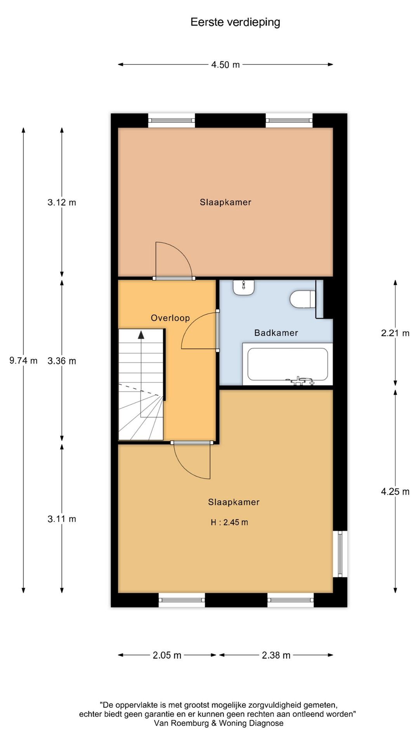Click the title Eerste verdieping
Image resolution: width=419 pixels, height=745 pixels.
click(235, 23)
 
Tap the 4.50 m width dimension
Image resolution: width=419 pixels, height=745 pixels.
click(225, 65)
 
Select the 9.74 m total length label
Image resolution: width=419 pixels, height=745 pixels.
click(23, 360)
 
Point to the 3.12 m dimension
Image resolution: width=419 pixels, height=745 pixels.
click(62, 202)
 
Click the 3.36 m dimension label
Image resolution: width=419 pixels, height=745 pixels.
click(62, 361)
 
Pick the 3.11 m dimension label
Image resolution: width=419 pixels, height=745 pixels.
click(62, 519)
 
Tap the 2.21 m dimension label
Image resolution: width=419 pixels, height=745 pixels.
click(395, 333)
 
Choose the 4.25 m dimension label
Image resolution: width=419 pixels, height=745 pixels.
click(395, 492)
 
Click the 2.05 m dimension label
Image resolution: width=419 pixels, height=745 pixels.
click(167, 655)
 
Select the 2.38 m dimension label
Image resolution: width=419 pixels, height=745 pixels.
click(276, 655)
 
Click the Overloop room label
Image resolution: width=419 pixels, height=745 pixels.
click(170, 318)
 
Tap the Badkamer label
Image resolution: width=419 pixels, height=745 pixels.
click(276, 333)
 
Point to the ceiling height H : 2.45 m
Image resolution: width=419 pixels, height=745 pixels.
click(229, 522)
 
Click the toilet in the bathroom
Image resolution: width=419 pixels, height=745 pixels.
click(303, 299)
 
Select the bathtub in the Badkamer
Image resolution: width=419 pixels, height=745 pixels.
click(287, 364)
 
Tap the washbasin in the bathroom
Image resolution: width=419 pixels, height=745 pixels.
click(244, 287)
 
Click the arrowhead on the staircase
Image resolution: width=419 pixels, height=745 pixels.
click(141, 335)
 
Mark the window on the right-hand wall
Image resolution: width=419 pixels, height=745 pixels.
click(340, 554)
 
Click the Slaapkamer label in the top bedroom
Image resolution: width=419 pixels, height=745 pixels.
click(225, 202)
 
